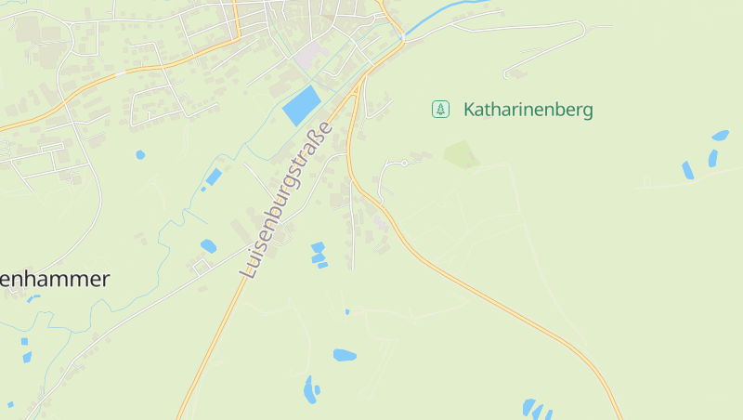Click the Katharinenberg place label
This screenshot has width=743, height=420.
pos(528,110)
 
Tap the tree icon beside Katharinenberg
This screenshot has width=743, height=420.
pos(440,110)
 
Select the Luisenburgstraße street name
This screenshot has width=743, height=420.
pos(286,199)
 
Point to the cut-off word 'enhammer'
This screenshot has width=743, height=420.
pos(55,278)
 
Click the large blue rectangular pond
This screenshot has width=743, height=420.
pos(300,105)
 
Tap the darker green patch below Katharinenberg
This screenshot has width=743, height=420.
pos(461,153)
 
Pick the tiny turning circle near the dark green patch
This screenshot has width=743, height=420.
pos(405,163)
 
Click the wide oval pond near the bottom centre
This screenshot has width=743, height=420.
pos(345,355)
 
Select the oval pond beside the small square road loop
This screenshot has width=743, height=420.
pos(208,246)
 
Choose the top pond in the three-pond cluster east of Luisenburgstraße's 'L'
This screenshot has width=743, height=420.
pos(318,247)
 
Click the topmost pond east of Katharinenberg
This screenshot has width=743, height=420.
pos(720,136)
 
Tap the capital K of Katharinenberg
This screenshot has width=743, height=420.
pos(469,110)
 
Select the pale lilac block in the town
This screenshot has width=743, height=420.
pos(310,55)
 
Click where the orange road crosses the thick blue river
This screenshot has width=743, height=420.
pos(404,40)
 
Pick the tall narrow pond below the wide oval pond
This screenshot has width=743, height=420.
pos(309,390)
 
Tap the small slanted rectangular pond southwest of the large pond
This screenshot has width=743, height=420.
pos(214,177)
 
